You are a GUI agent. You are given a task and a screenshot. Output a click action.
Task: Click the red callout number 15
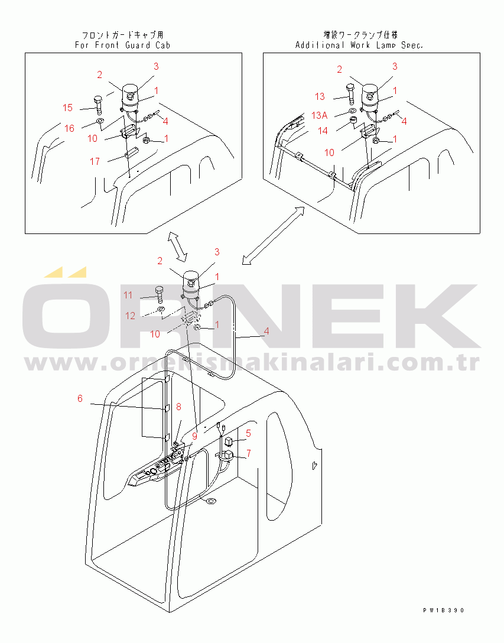click(68, 108)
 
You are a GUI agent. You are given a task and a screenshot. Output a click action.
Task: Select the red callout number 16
click(69, 128)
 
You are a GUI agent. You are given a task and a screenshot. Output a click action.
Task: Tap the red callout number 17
click(95, 161)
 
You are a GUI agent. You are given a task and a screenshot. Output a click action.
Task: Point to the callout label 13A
click(320, 115)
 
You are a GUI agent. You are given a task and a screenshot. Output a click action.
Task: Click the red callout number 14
click(323, 131)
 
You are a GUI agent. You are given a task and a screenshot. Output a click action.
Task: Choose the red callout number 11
click(128, 295)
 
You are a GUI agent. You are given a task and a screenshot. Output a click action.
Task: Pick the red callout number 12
click(130, 316)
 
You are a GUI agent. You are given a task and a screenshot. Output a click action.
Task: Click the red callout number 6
click(80, 398)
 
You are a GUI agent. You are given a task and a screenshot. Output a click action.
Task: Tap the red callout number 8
click(178, 407)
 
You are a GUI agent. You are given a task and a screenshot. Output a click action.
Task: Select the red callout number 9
click(195, 436)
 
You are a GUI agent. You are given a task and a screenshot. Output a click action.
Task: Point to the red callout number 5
click(248, 433)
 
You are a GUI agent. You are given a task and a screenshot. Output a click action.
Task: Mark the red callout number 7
click(249, 453)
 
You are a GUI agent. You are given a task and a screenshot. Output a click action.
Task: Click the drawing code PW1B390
click(444, 610)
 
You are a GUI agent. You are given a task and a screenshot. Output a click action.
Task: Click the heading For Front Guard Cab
click(122, 45)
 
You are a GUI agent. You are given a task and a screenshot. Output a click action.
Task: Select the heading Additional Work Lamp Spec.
click(359, 45)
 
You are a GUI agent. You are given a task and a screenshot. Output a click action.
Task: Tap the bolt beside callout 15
click(98, 104)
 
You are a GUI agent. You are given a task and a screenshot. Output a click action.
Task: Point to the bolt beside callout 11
click(160, 295)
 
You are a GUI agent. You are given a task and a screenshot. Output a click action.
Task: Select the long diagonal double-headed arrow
click(274, 235)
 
